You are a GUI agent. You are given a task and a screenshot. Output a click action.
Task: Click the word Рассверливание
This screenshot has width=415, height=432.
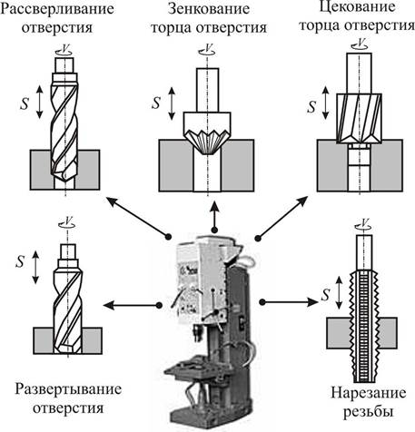tap(57, 9)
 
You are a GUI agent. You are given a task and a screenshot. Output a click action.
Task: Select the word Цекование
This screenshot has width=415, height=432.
tap(358, 6)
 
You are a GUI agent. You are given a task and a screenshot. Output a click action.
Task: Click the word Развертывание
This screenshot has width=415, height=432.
tap(68, 389)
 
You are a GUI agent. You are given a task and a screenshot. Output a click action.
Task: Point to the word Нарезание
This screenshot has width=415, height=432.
tap(369, 393)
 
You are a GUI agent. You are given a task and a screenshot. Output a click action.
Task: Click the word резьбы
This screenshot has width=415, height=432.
tap(369, 412)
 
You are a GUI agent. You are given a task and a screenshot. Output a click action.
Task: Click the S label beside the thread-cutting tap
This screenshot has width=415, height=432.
tap(325, 295)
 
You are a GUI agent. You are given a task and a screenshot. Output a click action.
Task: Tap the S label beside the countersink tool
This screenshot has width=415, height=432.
tap(156, 103)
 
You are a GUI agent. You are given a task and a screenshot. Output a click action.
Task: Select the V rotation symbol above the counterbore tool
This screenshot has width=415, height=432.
tap(361, 44)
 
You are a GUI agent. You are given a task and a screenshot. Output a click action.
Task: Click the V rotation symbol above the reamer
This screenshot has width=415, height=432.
tap(67, 222)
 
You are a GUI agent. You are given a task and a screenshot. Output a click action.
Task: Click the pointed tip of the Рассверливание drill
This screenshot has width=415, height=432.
tap(64, 181)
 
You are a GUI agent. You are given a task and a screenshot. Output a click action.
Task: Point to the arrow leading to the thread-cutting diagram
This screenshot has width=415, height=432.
tap(290, 302)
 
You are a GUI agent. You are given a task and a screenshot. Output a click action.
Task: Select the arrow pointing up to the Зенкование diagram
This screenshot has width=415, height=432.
tap(214, 216)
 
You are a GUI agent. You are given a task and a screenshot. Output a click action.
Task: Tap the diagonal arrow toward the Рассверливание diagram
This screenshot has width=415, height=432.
tap(137, 217)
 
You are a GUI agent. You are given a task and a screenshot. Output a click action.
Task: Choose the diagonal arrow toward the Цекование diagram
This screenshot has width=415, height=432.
tap(282, 218)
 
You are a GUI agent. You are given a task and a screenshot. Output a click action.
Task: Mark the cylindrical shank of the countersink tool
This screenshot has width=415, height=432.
tap(207, 90)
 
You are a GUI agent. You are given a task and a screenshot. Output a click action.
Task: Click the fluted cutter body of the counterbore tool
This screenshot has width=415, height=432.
tap(359, 118)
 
